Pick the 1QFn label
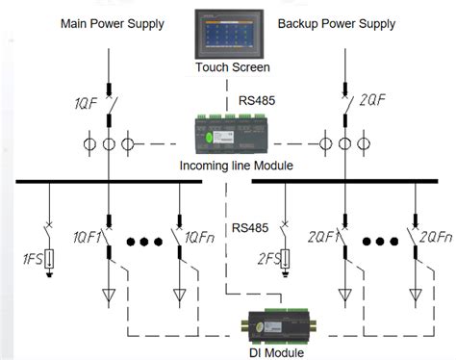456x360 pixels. click(198, 234)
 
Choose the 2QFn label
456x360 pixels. click(434, 234)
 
